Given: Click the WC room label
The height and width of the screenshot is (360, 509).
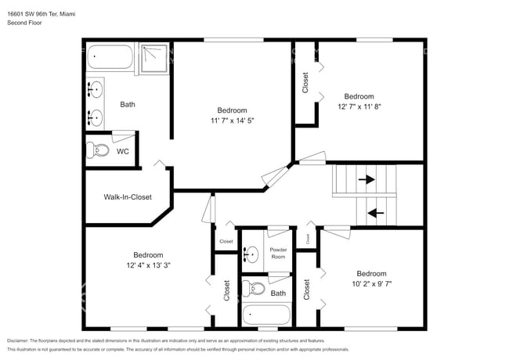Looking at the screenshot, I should pos(123,151).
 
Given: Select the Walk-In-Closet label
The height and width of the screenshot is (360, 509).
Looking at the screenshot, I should pos(128,197).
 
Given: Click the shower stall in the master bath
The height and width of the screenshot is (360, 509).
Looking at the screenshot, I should pos(155,59).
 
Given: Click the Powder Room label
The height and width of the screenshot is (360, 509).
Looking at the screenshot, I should pos(278,254).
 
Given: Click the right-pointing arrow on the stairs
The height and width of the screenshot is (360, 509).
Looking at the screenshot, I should pos(366,179).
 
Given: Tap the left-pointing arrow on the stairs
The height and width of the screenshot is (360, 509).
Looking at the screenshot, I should pos(376,211).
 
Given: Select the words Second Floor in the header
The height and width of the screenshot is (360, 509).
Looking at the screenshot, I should pos(24,23).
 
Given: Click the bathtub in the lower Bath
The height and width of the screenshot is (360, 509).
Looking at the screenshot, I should pos(266,315).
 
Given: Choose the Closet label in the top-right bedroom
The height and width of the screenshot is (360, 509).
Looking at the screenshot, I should pos(305,83).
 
